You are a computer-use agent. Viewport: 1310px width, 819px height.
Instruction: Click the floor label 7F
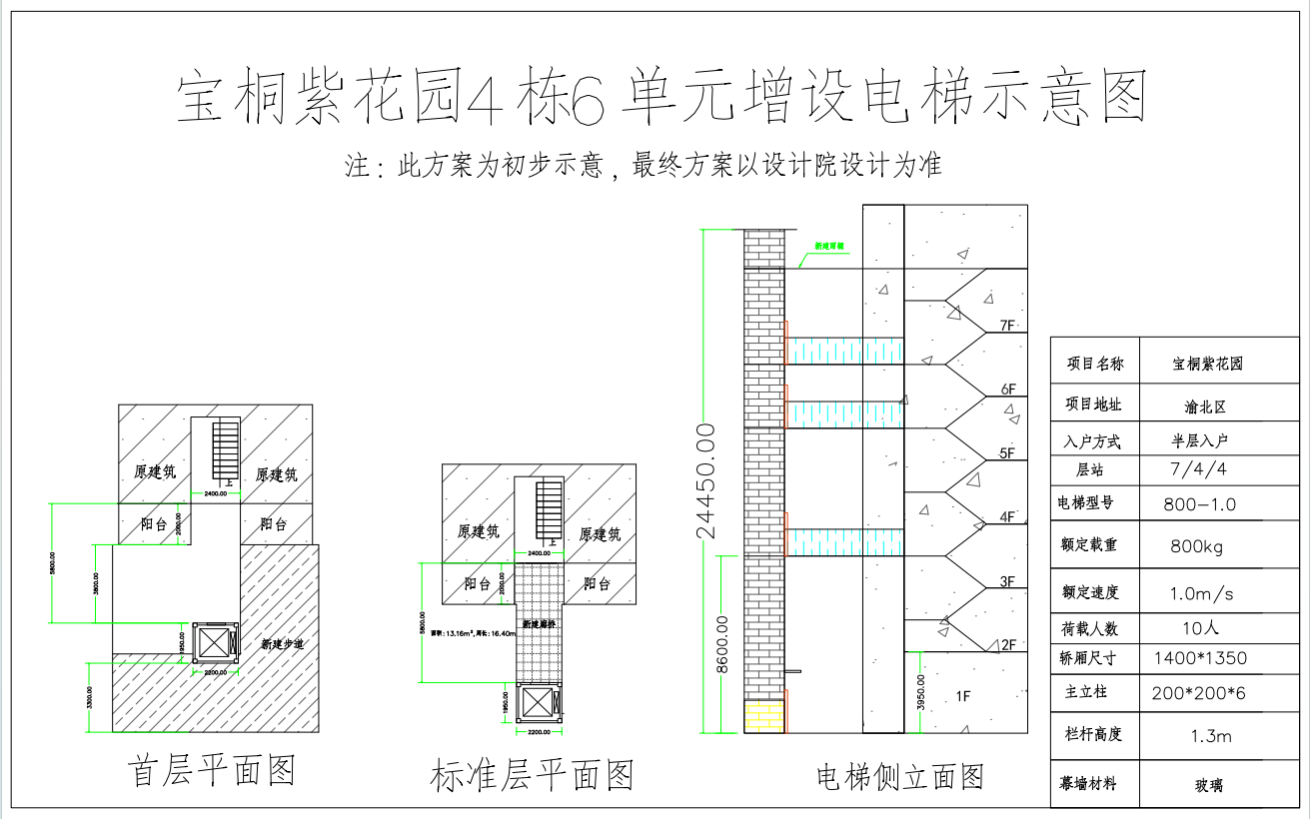pos(1006,326)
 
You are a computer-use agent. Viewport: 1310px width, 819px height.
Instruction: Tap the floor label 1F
pos(963,696)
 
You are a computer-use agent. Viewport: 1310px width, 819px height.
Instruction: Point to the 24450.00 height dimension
pos(707,480)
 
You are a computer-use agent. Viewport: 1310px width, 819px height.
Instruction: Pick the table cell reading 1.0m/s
pos(1201,593)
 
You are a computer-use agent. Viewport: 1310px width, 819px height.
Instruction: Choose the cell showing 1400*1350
pos(1199,658)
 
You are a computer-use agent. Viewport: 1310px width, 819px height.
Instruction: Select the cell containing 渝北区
pos(1204,407)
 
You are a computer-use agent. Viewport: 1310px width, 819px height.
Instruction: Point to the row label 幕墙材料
pos(1087,782)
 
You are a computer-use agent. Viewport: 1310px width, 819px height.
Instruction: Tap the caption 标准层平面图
pos(532,775)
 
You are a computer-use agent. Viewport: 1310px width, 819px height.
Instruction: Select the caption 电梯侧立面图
pos(900,776)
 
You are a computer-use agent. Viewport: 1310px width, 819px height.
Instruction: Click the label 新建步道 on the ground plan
pos(281,644)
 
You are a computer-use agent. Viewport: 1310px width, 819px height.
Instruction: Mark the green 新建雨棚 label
pos(829,245)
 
